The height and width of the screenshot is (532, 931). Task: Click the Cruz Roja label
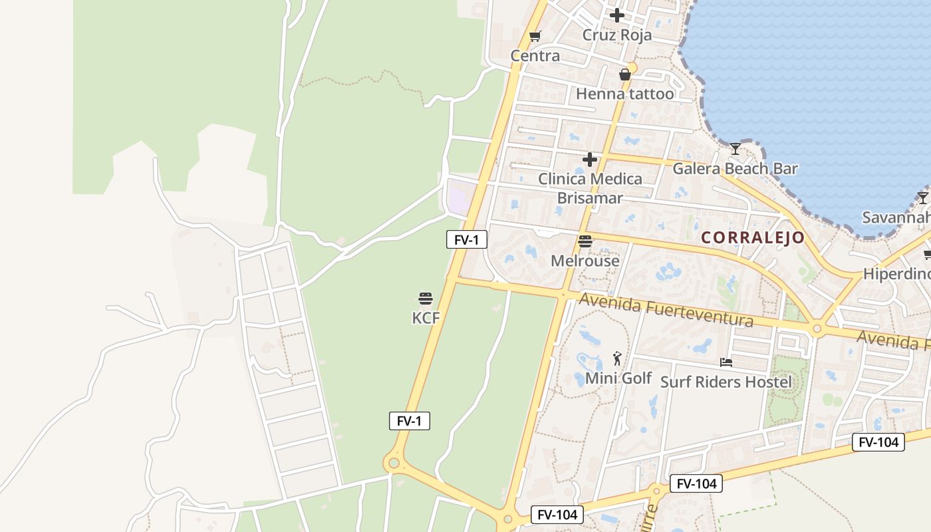pyautogui.click(x=617, y=35)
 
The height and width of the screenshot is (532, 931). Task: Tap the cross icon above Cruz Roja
pyautogui.click(x=617, y=15)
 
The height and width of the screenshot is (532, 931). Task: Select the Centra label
pyautogui.click(x=535, y=56)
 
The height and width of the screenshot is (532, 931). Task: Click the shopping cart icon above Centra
pyautogui.click(x=535, y=36)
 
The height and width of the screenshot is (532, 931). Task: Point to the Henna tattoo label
pyautogui.click(x=624, y=94)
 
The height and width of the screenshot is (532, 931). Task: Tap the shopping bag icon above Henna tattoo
pyautogui.click(x=625, y=74)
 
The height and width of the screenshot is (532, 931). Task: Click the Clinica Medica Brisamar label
pyautogui.click(x=590, y=188)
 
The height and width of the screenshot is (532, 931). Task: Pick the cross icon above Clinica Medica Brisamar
pyautogui.click(x=590, y=160)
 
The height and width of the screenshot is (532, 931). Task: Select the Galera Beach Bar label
pyautogui.click(x=735, y=168)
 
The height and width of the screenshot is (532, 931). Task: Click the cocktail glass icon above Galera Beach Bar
pyautogui.click(x=735, y=148)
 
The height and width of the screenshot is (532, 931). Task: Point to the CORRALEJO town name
pyautogui.click(x=753, y=237)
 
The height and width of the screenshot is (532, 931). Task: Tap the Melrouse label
pyautogui.click(x=585, y=261)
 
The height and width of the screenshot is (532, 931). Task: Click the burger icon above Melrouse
pyautogui.click(x=585, y=241)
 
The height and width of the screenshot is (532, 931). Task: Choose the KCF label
pyautogui.click(x=426, y=318)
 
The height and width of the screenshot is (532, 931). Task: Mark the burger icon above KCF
pyautogui.click(x=426, y=298)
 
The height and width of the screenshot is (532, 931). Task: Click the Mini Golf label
pyautogui.click(x=618, y=378)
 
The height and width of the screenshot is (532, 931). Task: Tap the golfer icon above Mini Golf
pyautogui.click(x=618, y=358)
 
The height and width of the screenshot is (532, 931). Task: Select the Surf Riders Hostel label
pyautogui.click(x=726, y=382)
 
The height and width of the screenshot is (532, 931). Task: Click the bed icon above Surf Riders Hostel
pyautogui.click(x=726, y=362)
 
